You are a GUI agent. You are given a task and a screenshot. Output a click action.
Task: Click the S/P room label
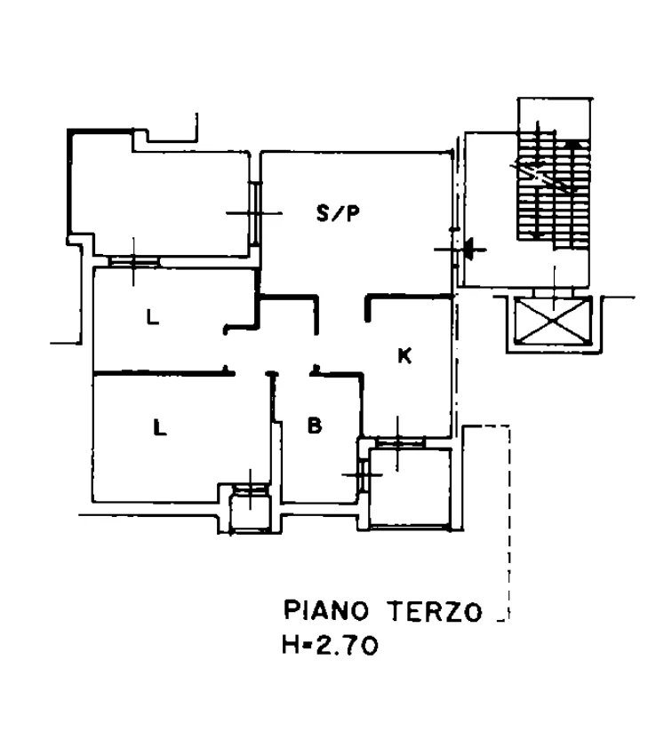click(x=338, y=212)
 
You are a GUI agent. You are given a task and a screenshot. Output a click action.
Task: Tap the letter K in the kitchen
click(x=404, y=356)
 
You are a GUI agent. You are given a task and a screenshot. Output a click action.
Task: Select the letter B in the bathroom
click(x=315, y=425)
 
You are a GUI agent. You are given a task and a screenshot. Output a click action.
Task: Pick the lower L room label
click(x=159, y=427)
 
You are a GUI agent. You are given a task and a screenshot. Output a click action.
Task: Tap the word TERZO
click(x=436, y=611)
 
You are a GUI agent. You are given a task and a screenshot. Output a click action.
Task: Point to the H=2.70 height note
click(x=330, y=645)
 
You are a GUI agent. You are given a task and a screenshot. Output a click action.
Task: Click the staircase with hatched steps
click(x=554, y=190)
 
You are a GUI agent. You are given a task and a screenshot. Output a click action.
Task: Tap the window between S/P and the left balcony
click(x=256, y=213)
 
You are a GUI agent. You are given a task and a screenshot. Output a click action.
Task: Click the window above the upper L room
click(x=133, y=261)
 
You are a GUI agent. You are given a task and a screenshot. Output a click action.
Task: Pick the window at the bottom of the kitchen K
click(x=400, y=442)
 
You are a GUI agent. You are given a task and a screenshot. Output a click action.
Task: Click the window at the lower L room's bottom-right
click(x=250, y=489)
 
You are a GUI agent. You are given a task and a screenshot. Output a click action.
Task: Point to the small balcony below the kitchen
click(x=410, y=488)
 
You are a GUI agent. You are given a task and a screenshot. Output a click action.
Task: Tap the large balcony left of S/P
click(x=159, y=197)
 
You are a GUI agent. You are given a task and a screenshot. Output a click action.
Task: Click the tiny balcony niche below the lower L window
click(x=250, y=513)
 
